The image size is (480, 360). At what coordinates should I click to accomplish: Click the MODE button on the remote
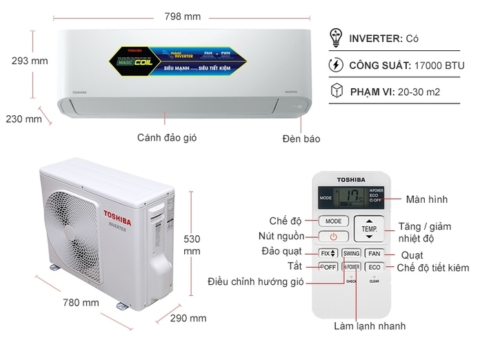[x=334, y=221]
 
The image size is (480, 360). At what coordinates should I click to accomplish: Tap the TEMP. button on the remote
[x=368, y=227]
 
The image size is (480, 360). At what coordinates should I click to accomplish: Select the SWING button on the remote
[x=351, y=253]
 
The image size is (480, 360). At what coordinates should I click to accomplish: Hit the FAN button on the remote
[x=374, y=253]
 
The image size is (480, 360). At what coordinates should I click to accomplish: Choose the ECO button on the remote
[x=374, y=267]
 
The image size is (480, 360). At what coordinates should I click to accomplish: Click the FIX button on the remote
[x=328, y=253]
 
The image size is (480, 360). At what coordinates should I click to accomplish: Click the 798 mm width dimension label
[x=184, y=16]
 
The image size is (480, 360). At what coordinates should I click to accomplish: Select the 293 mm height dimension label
[x=30, y=61]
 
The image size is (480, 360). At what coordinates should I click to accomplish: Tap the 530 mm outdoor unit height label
[x=192, y=245]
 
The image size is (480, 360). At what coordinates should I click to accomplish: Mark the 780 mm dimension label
[x=81, y=302]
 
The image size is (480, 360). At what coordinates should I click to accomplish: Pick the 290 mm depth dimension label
[x=188, y=318]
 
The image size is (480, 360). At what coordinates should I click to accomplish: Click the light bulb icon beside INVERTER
[x=337, y=37]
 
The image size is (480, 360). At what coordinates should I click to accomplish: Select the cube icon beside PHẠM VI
[x=337, y=91]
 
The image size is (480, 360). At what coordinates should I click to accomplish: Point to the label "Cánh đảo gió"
[x=167, y=137]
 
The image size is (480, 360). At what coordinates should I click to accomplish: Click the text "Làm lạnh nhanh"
[x=370, y=326]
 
